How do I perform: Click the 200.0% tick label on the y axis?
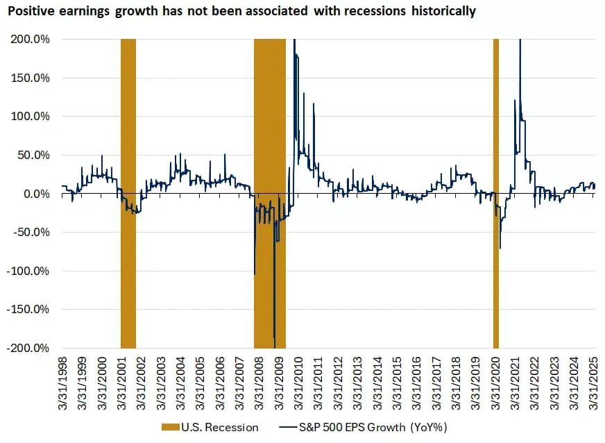click(30, 39)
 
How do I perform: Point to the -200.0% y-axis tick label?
click(28, 348)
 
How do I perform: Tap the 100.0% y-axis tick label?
click(30, 116)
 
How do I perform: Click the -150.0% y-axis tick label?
click(28, 309)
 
